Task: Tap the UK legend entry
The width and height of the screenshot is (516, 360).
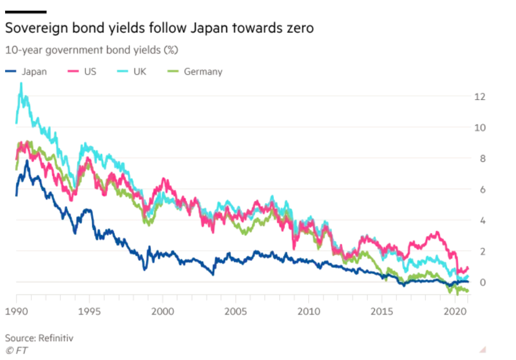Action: (x=139, y=72)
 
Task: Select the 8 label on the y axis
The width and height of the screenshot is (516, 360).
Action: (x=482, y=158)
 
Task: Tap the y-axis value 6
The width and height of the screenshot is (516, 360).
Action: (x=482, y=189)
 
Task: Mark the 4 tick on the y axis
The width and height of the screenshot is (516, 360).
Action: (x=482, y=220)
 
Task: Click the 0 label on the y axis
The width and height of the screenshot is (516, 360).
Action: (x=482, y=282)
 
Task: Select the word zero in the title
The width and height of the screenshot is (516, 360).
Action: (x=298, y=27)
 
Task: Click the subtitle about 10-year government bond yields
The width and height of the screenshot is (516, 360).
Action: (x=92, y=50)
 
